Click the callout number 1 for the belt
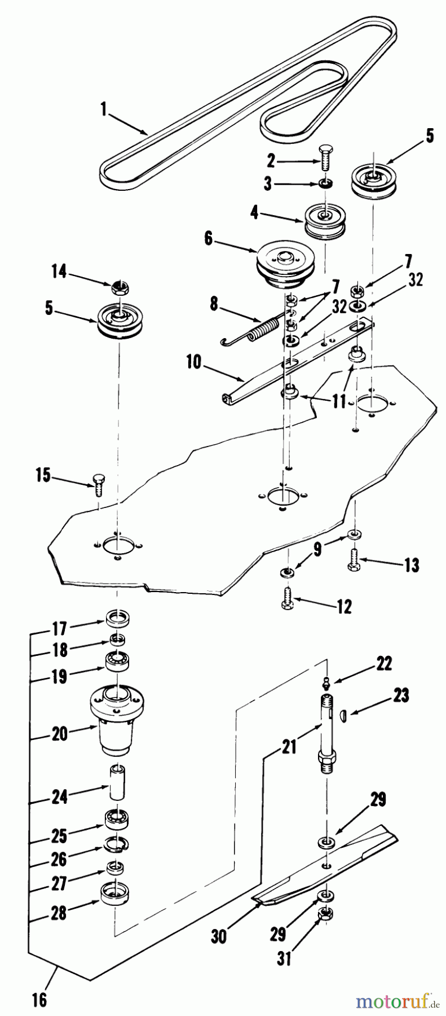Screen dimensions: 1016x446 [x=103, y=109]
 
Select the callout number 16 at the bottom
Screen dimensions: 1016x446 [x=38, y=1001]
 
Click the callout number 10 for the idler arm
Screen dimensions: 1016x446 [x=193, y=361]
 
